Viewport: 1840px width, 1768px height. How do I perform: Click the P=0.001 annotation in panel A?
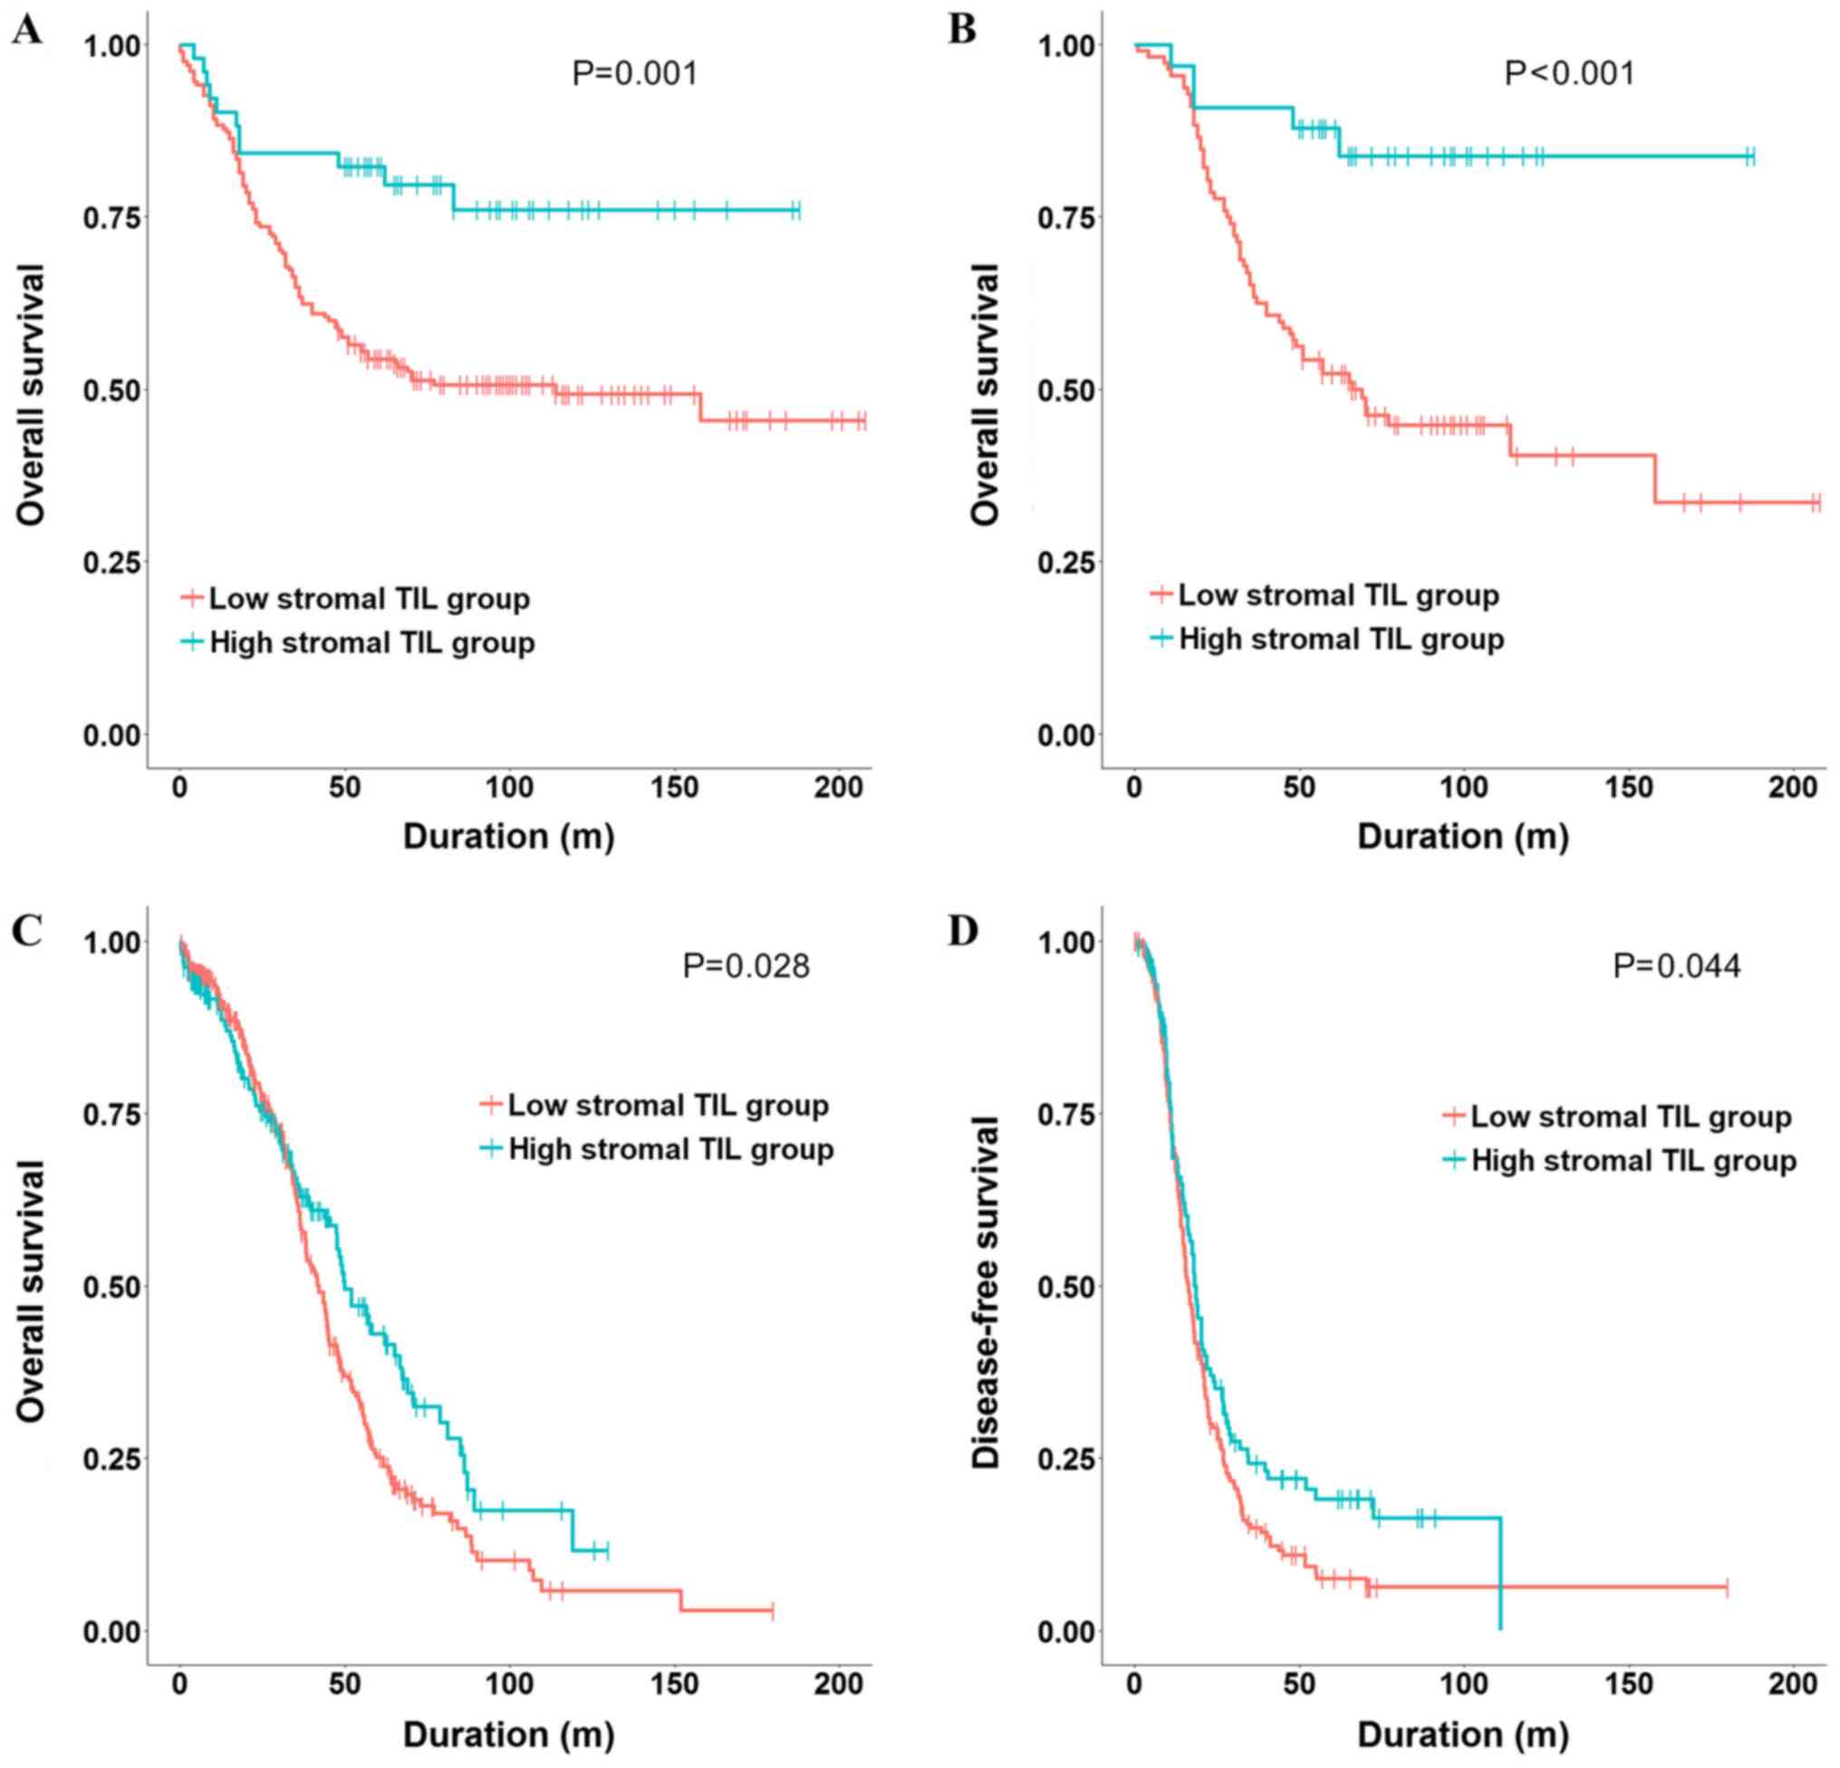click(634, 73)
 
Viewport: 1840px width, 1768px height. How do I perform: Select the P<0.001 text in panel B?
click(1570, 73)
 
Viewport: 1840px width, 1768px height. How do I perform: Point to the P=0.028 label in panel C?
click(746, 965)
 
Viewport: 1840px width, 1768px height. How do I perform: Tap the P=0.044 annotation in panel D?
click(1677, 965)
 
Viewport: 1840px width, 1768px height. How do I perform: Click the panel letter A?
click(26, 32)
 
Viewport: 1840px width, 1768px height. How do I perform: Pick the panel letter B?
click(962, 30)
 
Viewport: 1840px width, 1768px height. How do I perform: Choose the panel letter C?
click(26, 931)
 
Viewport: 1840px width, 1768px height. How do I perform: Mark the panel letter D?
click(963, 931)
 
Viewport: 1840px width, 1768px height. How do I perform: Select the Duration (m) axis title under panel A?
click(509, 836)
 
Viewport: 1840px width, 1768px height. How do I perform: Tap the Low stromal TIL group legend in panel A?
click(369, 598)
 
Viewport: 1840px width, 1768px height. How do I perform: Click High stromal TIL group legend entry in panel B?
click(1341, 640)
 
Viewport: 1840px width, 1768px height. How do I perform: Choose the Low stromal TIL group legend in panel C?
click(668, 1106)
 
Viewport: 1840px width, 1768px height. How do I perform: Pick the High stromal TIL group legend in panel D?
click(1633, 1161)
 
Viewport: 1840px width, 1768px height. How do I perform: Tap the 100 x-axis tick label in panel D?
click(1463, 1684)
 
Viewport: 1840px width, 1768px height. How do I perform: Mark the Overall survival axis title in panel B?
click(986, 394)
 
